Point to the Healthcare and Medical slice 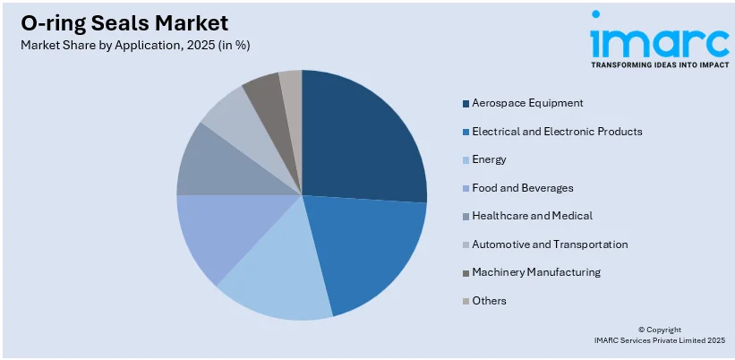pyautogui.click(x=210, y=166)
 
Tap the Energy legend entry pyautogui.click(x=489, y=159)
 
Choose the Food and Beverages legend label pyautogui.click(x=523, y=188)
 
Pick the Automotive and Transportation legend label pyautogui.click(x=550, y=244)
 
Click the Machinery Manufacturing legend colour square pyautogui.click(x=466, y=272)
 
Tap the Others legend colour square pyautogui.click(x=466, y=301)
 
